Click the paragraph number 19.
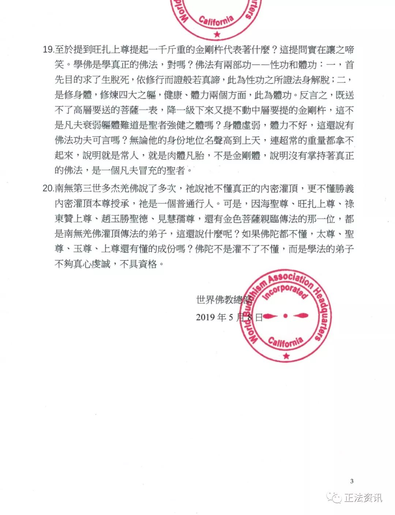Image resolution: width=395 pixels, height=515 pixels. point(48,49)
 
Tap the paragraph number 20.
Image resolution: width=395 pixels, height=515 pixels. point(48,188)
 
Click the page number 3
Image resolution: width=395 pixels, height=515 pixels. point(352,481)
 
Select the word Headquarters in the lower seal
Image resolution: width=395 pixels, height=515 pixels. point(321,315)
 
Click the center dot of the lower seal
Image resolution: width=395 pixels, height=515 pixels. point(285,316)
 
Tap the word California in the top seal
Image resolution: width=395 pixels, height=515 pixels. point(216,21)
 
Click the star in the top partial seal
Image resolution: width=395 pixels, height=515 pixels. point(217,34)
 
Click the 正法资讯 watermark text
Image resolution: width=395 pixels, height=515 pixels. point(363,497)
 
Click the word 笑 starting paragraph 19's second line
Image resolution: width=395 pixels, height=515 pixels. point(60,65)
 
